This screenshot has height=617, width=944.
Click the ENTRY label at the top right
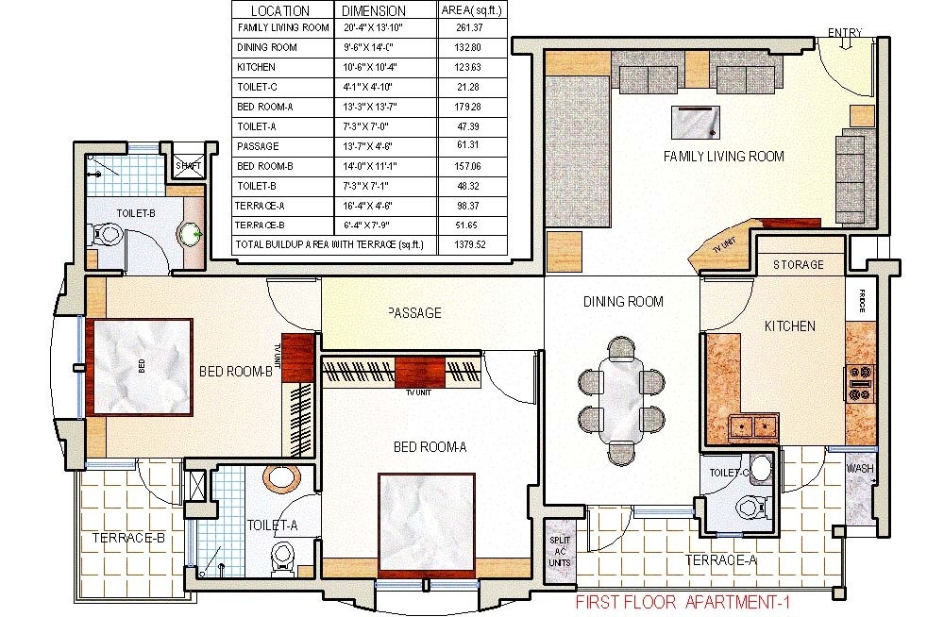tap(845, 33)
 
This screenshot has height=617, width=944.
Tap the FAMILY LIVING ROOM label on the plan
tap(723, 156)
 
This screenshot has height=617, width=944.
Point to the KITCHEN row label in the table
tap(256, 68)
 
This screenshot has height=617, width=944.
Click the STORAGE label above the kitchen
tap(798, 265)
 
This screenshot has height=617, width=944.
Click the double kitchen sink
tap(754, 426)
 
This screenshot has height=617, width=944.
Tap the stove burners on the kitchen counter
tap(860, 377)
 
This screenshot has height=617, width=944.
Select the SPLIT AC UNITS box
tap(559, 549)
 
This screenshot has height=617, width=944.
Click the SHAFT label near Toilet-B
tap(189, 166)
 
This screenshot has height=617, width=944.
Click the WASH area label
tap(859, 469)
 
